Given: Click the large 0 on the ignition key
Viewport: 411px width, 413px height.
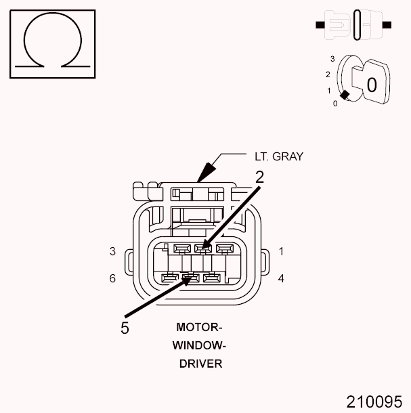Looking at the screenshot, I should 371,85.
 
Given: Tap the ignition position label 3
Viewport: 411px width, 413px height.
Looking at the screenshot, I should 332,59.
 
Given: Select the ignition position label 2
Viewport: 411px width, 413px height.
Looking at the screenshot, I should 328,74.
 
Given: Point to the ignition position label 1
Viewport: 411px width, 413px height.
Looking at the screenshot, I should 329,90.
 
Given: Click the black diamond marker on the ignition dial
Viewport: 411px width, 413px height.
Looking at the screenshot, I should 345,95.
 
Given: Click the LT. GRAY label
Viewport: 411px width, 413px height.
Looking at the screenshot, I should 279,156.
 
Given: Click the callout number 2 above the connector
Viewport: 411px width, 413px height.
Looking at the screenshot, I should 259,177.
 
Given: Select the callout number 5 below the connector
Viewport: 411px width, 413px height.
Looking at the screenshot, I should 125,328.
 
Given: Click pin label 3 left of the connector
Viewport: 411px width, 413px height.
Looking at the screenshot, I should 112,251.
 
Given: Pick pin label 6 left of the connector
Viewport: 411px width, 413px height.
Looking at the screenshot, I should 112,278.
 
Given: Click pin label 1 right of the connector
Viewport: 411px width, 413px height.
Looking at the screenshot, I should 281,251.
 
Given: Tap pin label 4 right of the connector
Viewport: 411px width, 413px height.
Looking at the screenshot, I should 281,278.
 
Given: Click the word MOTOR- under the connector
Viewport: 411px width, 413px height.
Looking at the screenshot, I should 199,327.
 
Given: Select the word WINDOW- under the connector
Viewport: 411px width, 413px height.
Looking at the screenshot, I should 199,345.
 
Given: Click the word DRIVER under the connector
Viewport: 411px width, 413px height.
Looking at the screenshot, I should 199,364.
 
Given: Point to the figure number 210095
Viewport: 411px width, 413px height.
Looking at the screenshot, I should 374,401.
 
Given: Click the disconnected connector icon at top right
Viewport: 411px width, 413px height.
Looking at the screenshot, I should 353,24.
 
